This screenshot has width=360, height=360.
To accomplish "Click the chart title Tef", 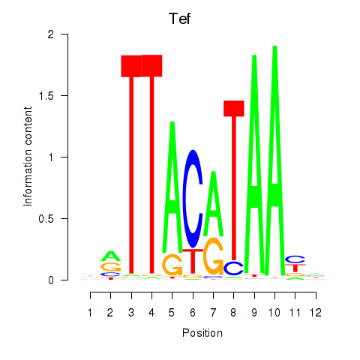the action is click(180, 19).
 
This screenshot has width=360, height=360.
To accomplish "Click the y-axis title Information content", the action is click(28, 157).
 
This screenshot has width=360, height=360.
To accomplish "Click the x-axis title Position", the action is click(202, 333).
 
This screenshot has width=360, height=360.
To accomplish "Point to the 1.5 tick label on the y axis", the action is click(46, 95).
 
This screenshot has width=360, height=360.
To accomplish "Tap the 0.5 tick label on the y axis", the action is click(46, 218).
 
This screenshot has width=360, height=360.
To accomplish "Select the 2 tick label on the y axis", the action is click(51, 34).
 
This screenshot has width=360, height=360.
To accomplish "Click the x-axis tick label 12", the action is click(316, 313).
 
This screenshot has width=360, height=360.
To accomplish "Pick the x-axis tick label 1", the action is click(90, 313).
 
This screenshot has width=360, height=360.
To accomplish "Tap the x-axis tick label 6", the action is click(193, 313).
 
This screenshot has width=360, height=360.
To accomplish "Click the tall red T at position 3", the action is click(131, 164).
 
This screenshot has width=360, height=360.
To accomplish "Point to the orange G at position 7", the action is click(213, 256).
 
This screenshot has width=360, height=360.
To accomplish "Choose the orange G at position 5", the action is click(172, 265).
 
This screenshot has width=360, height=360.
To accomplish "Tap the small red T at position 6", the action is click(193, 261).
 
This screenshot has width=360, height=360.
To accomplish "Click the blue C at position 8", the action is click(234, 268).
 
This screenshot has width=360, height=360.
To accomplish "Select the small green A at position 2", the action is click(111, 256).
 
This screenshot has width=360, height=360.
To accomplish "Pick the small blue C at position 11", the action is click(295, 259).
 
